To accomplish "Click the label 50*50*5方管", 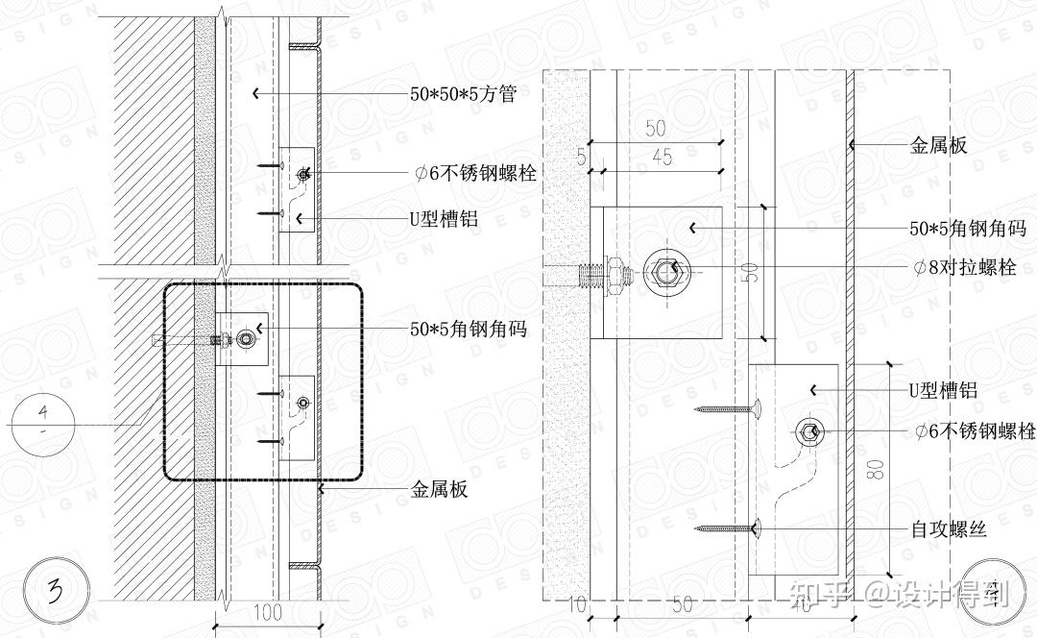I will pos(464,94).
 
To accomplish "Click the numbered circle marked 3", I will pos(60,585).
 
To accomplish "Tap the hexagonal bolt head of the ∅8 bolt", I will pos(669,270).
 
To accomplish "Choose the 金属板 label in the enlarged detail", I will pos(937,146).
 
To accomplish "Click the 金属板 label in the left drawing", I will pos(440,490).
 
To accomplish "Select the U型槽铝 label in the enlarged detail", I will pos(943,390).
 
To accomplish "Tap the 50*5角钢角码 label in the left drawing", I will pos(469,329).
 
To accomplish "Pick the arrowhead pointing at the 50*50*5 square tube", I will pos(255,93).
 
